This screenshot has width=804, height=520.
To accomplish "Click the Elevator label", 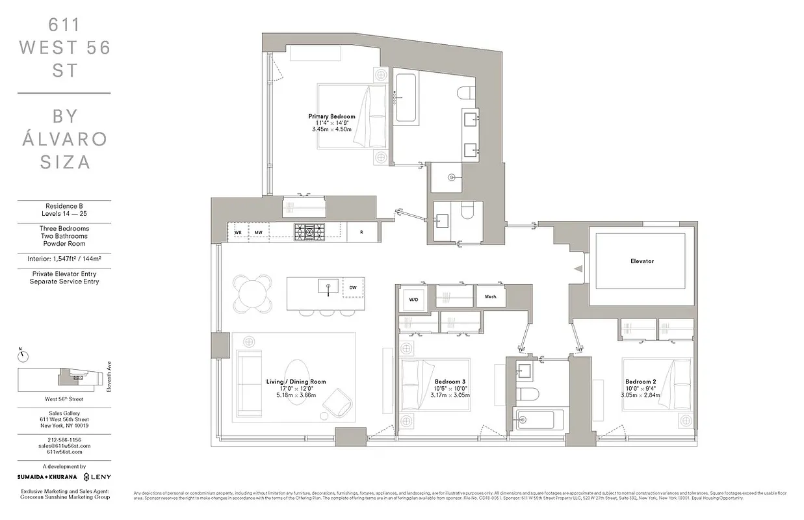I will click(642, 261).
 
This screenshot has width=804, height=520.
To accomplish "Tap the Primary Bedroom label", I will click(331, 116).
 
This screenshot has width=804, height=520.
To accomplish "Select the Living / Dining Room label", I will click(296, 382).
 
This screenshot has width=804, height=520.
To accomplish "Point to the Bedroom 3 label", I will click(450, 382).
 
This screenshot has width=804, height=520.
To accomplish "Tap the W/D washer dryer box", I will click(413, 299).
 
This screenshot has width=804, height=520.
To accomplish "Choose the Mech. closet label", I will click(491, 296).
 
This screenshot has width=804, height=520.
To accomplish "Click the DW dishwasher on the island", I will click(353, 287).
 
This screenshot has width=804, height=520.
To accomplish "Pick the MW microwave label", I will click(258, 232).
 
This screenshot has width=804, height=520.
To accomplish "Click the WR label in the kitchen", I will click(238, 232).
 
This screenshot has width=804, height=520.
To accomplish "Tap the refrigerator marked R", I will click(361, 232).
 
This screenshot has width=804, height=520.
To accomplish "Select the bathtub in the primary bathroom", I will click(406, 97).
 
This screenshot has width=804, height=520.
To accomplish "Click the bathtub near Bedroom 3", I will click(535, 419).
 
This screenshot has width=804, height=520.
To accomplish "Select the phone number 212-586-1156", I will click(63, 440).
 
